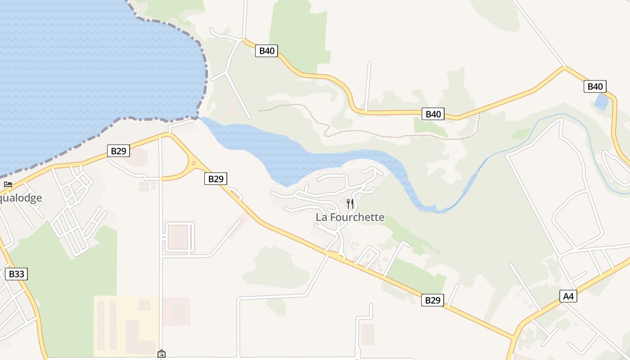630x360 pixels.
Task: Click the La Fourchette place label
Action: coord(350,217)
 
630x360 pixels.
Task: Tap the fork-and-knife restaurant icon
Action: coord(350,204)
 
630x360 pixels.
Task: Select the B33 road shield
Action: coord(16,274)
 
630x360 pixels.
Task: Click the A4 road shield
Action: coord(569,296)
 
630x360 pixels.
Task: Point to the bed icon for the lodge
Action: coord(8,184)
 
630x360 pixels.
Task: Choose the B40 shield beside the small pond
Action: coord(595,86)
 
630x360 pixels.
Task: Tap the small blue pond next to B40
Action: coord(601,102)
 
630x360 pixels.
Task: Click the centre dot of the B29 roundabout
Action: coord(193,163)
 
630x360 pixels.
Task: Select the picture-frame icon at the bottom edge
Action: coord(162,354)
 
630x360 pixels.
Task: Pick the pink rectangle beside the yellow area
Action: coord(176,311)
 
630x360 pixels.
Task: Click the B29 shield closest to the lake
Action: coord(118,151)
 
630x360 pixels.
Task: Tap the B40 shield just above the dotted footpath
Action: coord(433,114)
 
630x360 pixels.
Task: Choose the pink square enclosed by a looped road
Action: coord(179,237)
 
